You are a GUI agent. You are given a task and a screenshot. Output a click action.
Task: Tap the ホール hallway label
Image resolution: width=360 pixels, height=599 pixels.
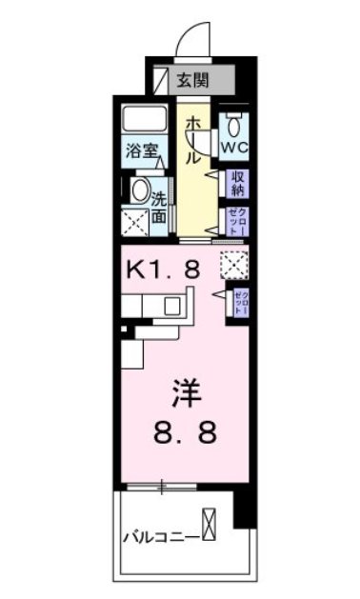pos(193,141)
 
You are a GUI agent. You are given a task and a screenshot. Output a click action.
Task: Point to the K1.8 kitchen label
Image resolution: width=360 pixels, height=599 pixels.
pos(163,270)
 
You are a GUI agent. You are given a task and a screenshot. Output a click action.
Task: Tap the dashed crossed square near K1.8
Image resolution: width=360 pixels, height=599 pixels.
pos(231,263)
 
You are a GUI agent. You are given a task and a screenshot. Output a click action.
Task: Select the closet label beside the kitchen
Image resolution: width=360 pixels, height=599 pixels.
pos(241,302)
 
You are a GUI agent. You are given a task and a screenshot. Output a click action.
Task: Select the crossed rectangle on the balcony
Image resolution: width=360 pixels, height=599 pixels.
pos(211,525)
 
